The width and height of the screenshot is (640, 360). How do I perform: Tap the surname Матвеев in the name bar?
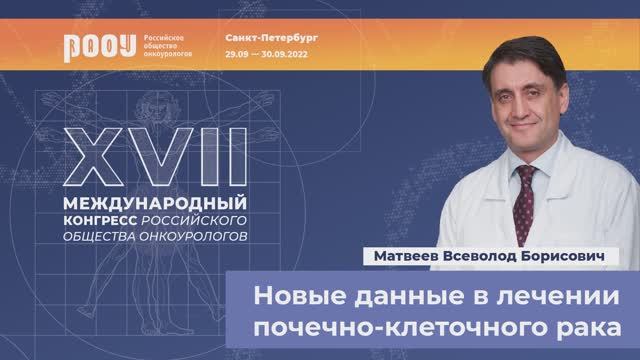coord(395,257)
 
